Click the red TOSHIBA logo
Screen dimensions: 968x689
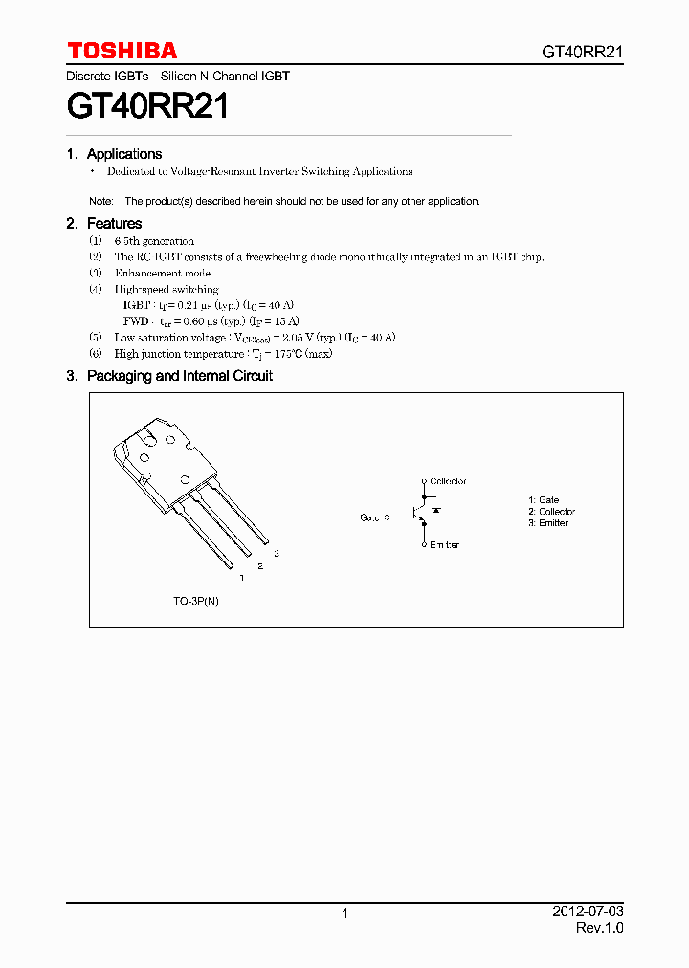[x=122, y=51]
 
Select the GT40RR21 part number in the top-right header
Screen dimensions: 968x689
[x=583, y=53]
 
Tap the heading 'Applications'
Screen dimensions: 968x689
[x=124, y=154]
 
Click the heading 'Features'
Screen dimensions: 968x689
[x=114, y=224]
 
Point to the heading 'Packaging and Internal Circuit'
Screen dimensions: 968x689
[x=179, y=376]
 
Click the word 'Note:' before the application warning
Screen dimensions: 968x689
[x=101, y=202]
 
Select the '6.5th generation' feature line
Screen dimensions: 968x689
[x=154, y=241]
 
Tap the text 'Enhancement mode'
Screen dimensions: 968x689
[x=162, y=273]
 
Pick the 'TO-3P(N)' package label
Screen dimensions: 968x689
[x=196, y=601]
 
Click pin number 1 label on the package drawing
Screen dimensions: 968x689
[x=241, y=578]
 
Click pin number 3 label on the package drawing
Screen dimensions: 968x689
[x=277, y=554]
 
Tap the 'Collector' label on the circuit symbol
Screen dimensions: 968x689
[x=448, y=481]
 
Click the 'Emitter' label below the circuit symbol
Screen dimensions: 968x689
[x=444, y=544]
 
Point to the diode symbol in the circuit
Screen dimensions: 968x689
[x=436, y=512]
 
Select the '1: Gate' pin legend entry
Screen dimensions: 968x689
[x=544, y=500]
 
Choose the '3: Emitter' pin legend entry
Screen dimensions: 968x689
[x=547, y=523]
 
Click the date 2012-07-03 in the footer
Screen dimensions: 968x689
[x=588, y=913]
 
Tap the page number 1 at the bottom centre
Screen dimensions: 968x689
[x=344, y=913]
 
